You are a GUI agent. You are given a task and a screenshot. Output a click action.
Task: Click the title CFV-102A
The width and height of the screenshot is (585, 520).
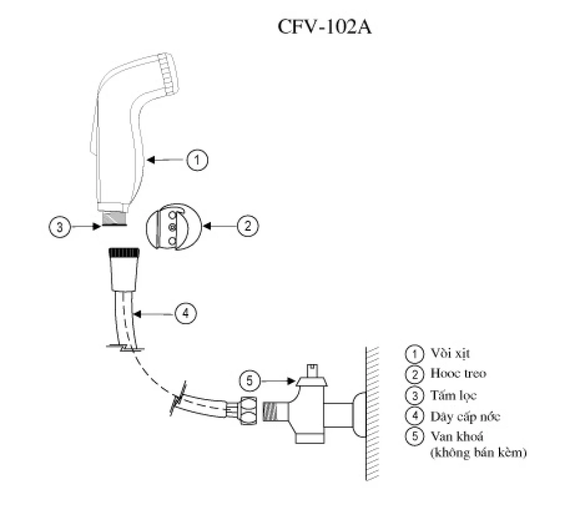325,28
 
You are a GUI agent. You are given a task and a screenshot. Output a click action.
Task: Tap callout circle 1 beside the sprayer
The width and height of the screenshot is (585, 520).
197,160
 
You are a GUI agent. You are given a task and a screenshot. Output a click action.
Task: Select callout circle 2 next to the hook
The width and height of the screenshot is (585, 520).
247,226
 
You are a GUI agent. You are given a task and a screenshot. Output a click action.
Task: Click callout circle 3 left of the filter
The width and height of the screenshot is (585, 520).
60,227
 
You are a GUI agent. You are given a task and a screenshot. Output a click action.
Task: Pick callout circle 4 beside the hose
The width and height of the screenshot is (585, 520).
186,313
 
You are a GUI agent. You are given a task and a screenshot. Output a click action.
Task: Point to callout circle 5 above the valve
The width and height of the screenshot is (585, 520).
250,381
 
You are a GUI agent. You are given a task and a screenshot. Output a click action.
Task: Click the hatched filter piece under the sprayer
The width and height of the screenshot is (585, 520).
113,218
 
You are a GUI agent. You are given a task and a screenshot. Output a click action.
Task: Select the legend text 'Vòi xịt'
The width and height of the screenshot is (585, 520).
450,354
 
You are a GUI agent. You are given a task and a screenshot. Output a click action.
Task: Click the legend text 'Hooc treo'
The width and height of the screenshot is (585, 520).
458,374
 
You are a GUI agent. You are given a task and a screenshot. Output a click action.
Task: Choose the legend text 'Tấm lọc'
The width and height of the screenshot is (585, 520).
453,395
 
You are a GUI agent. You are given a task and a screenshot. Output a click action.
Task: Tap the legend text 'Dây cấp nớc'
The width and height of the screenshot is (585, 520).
465,417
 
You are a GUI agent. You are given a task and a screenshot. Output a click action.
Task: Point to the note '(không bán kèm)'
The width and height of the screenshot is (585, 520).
478,453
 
